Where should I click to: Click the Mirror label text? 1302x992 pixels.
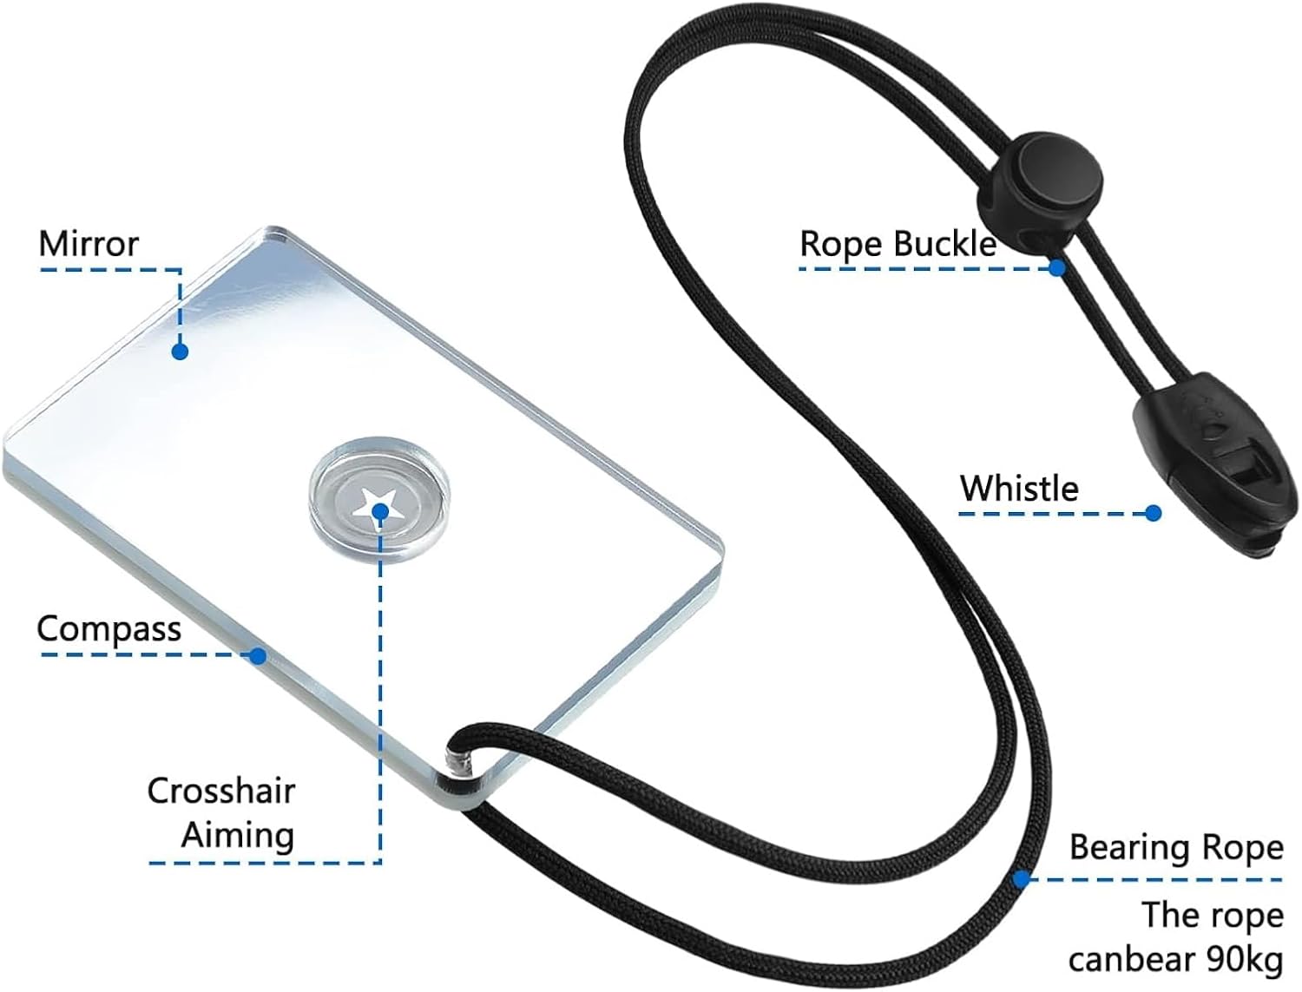89,243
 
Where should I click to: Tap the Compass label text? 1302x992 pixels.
109,629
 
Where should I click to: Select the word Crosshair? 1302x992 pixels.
221,791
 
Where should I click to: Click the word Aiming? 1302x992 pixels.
238,836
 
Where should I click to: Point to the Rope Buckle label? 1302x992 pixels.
898,244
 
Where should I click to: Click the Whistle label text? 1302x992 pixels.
1019,488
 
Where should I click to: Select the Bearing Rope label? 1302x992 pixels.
1177,847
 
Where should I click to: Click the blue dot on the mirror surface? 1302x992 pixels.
180,351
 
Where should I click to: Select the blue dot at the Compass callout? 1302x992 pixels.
258,656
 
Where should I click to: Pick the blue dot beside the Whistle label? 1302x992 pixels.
1153,514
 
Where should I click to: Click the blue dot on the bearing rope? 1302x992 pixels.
1020,879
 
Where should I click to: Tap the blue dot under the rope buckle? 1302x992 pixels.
1056,268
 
